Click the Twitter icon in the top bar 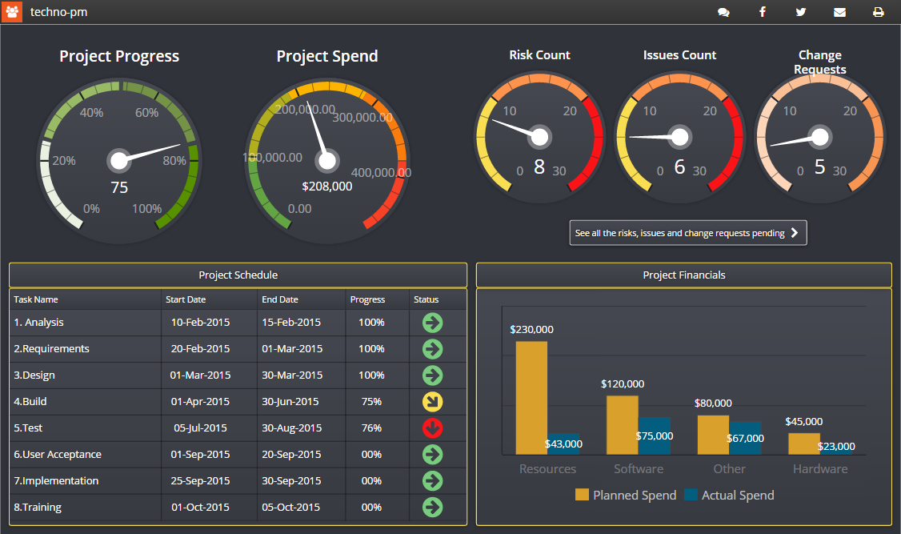click(801, 12)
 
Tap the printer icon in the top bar click(878, 12)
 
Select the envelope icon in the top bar click(839, 12)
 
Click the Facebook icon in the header click(763, 12)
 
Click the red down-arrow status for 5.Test click(432, 428)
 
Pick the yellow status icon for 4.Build click(432, 402)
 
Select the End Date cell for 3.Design click(292, 375)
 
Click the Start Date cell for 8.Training click(200, 508)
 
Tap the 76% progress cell click(371, 428)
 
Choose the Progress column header click(367, 299)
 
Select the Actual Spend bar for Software click(654, 436)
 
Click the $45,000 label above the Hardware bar click(803, 422)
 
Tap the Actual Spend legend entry click(729, 496)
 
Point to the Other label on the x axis click(729, 469)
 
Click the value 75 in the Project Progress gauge click(119, 188)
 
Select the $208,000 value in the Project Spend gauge click(326, 187)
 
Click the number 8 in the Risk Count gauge click(539, 167)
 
